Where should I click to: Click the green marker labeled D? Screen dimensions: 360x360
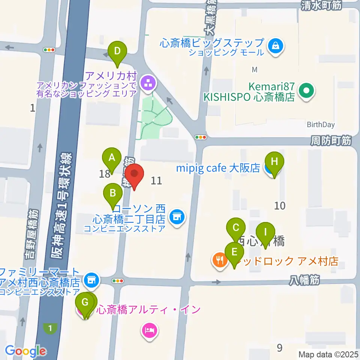(117, 50)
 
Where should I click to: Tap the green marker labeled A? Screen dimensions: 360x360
(111, 158)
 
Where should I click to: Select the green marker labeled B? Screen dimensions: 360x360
(113, 193)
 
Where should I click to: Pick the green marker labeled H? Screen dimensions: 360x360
(274, 162)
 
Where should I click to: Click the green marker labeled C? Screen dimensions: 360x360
(236, 227)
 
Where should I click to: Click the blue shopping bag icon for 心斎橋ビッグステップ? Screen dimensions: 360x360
(276, 46)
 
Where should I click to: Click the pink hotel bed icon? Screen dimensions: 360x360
(149, 331)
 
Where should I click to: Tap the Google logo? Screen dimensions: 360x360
(25, 351)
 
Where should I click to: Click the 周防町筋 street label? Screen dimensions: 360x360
(331, 141)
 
